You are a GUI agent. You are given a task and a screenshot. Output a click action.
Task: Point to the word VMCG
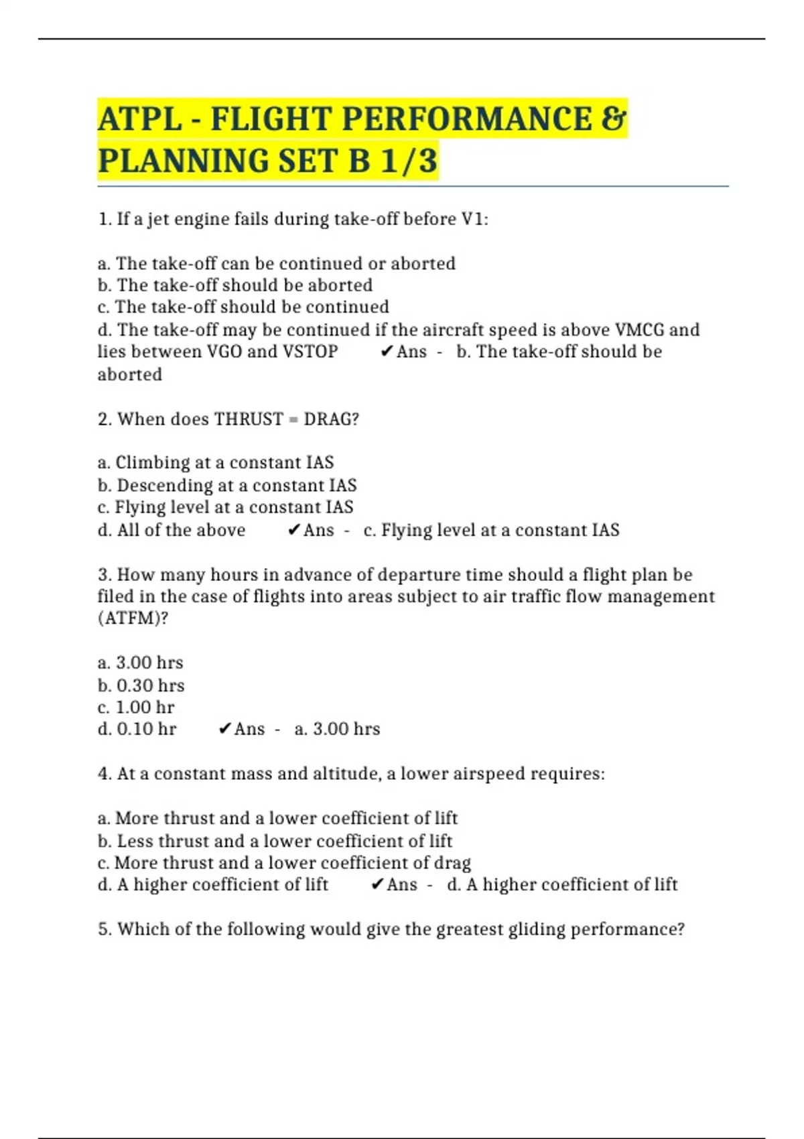pyautogui.click(x=639, y=330)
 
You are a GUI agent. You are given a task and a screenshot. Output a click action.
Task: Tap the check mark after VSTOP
pyautogui.click(x=386, y=352)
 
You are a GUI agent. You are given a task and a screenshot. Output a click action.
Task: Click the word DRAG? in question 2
pyautogui.click(x=332, y=419)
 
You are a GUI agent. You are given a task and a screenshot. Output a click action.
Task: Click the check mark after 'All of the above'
pyautogui.click(x=293, y=531)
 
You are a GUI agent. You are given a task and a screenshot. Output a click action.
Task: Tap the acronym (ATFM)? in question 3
pyautogui.click(x=133, y=618)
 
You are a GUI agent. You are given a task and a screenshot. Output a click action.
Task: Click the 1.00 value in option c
pyautogui.click(x=133, y=708)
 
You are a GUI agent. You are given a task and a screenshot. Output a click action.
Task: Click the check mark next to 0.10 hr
pyautogui.click(x=225, y=729)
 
